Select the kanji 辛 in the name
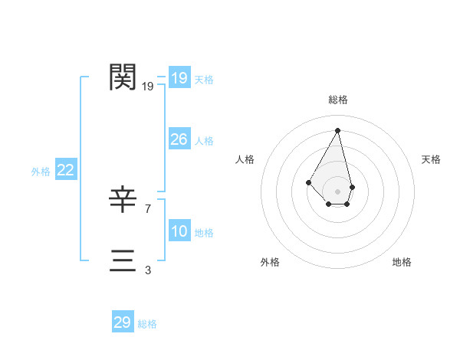[123, 200]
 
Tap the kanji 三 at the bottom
[123, 260]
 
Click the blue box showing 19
[179, 78]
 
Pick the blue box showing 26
[179, 139]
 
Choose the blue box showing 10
[179, 231]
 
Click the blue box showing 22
[65, 170]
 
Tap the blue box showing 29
[122, 322]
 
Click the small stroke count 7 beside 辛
[148, 208]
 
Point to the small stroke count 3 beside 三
[148, 270]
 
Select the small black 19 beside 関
[148, 87]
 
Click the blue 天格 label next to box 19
[204, 80]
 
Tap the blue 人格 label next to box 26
[204, 141]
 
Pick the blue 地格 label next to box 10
[204, 233]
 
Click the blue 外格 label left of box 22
[41, 172]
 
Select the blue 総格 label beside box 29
[147, 324]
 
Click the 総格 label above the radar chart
[338, 100]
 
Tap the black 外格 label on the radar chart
[270, 262]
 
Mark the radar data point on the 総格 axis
[338, 129]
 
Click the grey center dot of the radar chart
[338, 191]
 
